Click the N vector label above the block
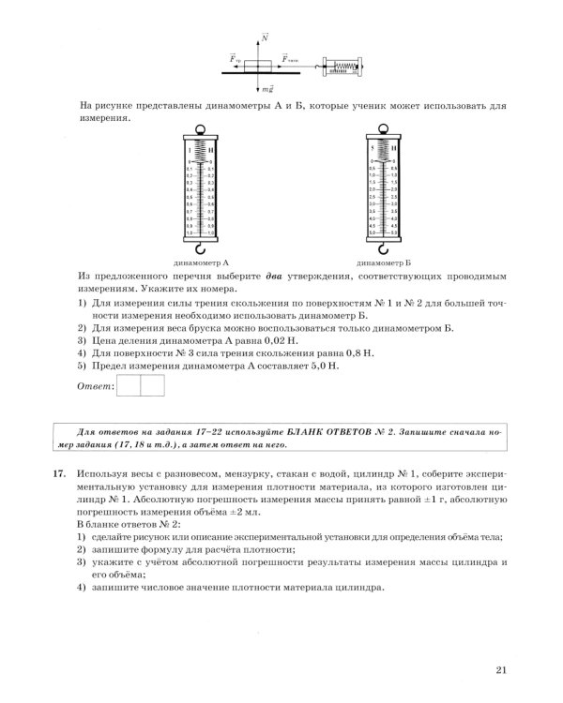tap(266, 37)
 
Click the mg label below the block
tap(267, 87)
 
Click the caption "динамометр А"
tap(201, 263)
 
